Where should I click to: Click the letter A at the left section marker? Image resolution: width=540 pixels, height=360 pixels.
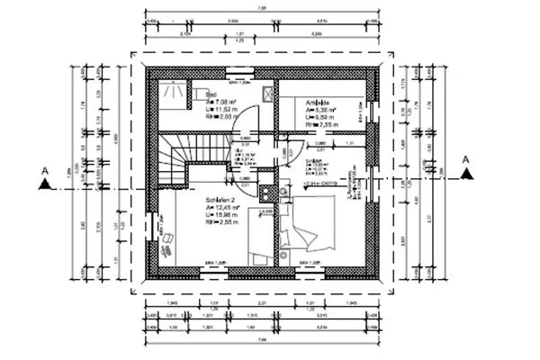(43, 169)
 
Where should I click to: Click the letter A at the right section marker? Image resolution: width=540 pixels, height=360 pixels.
(464, 161)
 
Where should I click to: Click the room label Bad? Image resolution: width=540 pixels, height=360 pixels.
(211, 94)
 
